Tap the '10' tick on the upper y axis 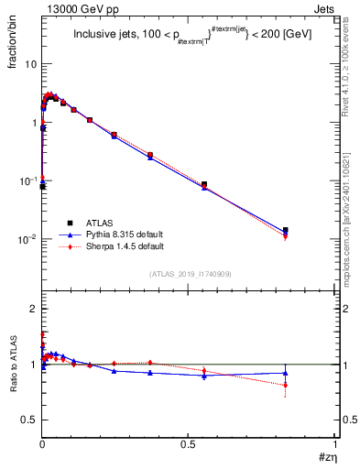tap(30, 64)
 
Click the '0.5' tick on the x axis tap(189, 443)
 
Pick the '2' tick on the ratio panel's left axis tap(33, 309)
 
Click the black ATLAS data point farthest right tap(285, 231)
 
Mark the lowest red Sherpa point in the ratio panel tap(285, 385)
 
